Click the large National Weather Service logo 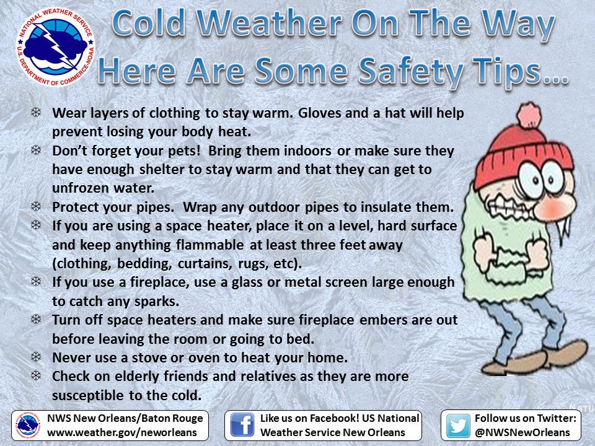click(x=55, y=47)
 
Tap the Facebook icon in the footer click(x=242, y=425)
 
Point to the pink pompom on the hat click(x=529, y=115)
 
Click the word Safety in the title click(x=410, y=71)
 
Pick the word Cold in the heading click(x=149, y=24)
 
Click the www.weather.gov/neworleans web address click(x=122, y=432)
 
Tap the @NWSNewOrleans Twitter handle click(x=522, y=432)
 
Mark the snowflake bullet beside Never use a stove click(x=36, y=357)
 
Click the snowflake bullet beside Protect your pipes click(x=36, y=206)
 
